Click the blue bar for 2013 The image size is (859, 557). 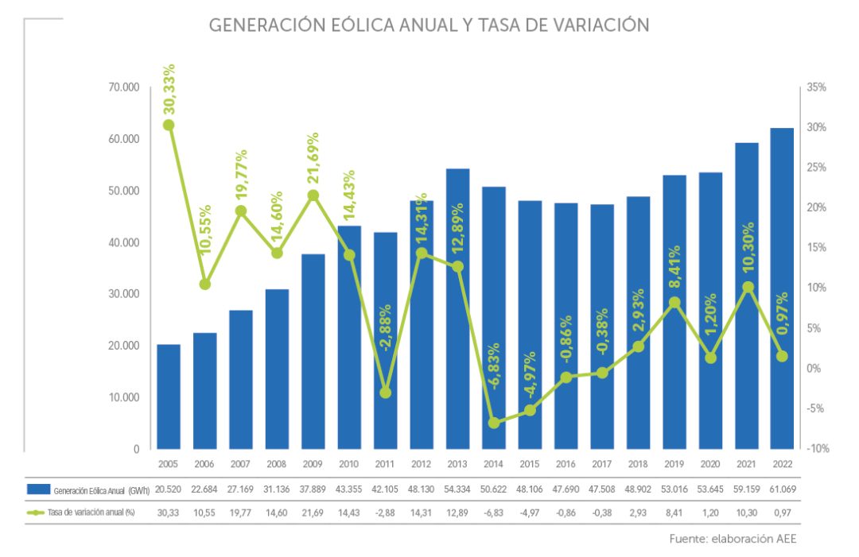coord(457,310)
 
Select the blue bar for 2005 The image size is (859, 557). coord(169,397)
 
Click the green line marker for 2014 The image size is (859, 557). coord(494,423)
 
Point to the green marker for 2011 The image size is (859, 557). coord(386,393)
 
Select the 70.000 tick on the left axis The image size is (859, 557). coord(124,87)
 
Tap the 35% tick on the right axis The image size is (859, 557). coord(817,87)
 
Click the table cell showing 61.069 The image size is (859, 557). coord(782,489)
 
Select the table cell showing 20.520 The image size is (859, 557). coord(169,489)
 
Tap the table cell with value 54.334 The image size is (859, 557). coord(457,489)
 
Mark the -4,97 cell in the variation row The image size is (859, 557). coord(530,513)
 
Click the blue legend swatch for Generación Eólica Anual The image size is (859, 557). coord(38,489)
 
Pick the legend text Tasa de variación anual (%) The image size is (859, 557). coord(91,513)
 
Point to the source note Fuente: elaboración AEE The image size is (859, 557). coord(733,539)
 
